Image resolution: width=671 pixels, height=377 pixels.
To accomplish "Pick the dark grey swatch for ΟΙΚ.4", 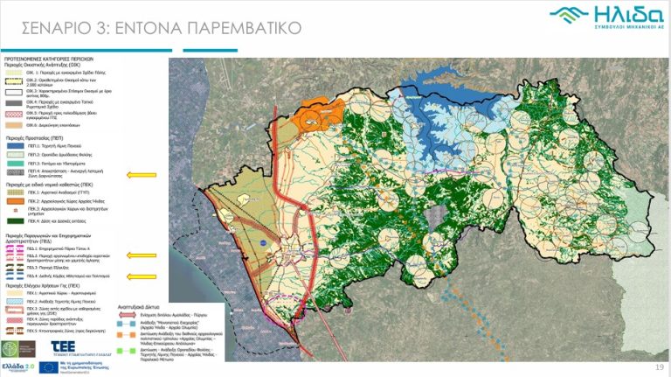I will coord(13,104).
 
